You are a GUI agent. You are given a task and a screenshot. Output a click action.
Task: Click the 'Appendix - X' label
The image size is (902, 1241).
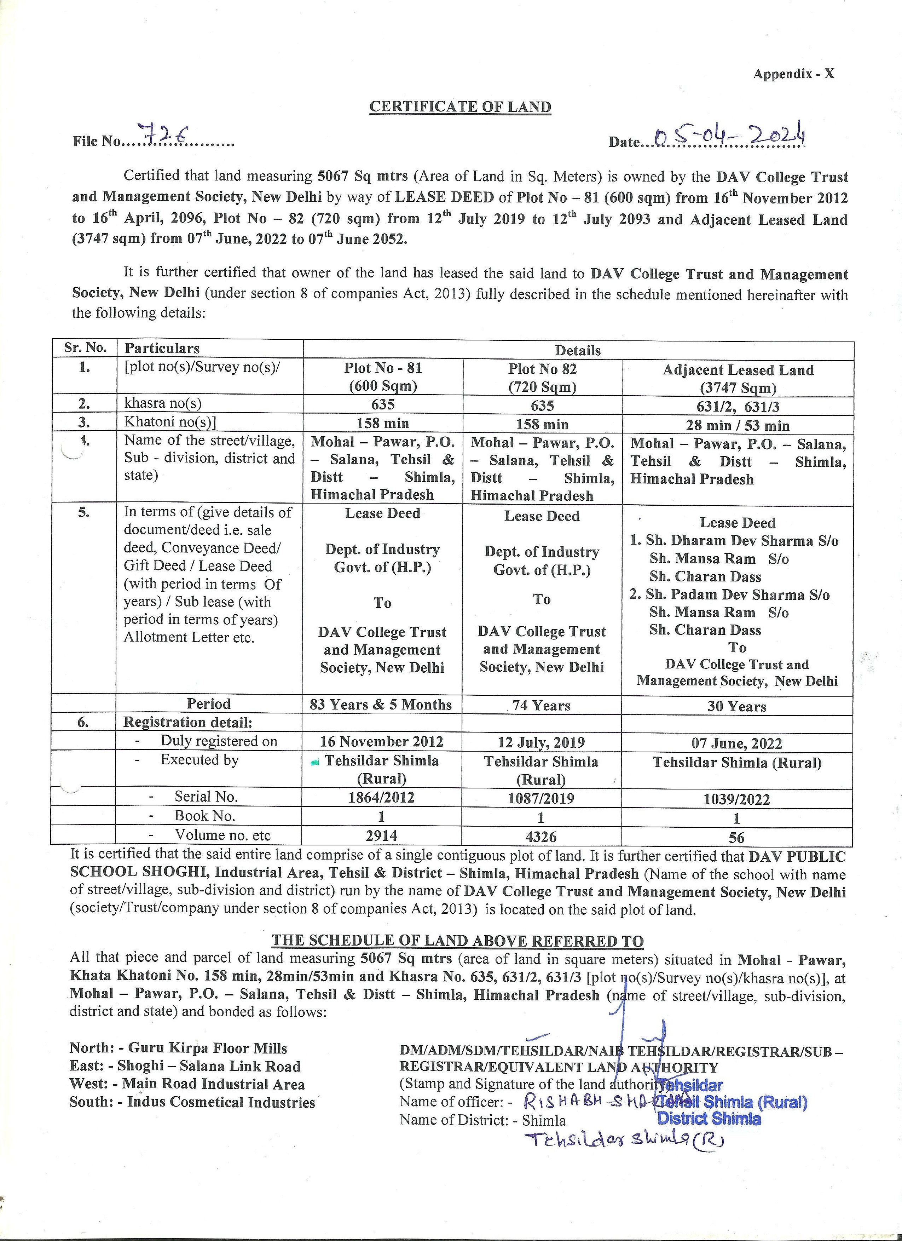tap(793, 74)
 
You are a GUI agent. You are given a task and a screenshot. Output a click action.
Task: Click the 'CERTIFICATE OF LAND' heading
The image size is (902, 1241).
tap(460, 107)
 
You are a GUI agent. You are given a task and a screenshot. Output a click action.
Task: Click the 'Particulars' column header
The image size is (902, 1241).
tap(162, 349)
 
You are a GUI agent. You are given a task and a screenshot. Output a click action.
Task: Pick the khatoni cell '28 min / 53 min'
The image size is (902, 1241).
tap(738, 425)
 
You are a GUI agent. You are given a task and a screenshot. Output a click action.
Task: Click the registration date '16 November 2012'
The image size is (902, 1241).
tap(381, 741)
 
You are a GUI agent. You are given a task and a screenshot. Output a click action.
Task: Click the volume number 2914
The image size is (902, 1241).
tap(381, 835)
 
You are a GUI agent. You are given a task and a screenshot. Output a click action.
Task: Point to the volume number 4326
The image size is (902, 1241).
tap(541, 837)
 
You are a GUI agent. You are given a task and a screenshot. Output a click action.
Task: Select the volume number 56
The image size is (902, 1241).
tap(737, 837)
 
